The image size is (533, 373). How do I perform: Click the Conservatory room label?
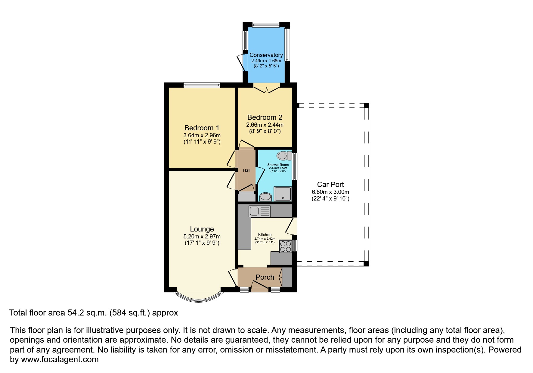coord(266,55)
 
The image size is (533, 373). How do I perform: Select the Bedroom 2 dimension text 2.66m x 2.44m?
coord(265,125)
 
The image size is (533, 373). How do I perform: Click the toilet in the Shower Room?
coord(284,156)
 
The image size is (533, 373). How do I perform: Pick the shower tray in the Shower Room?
coord(283,194)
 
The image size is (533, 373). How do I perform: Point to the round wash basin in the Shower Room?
coord(265,197)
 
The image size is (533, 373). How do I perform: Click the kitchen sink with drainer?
coord(259,211)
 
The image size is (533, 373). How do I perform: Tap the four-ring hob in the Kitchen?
coord(285,246)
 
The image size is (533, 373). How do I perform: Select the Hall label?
coord(246,170)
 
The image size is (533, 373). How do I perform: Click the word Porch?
coord(265,277)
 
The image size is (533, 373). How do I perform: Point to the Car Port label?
coord(330,185)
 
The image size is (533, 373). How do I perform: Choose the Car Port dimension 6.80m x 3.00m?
coord(330,192)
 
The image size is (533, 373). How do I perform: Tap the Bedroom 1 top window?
coord(202,85)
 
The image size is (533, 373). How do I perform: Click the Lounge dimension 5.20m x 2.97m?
coord(202,236)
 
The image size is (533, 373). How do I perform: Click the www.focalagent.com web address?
coord(60,359)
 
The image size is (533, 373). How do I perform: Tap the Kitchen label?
coord(265,235)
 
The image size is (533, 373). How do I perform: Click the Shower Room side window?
coord(295,166)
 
